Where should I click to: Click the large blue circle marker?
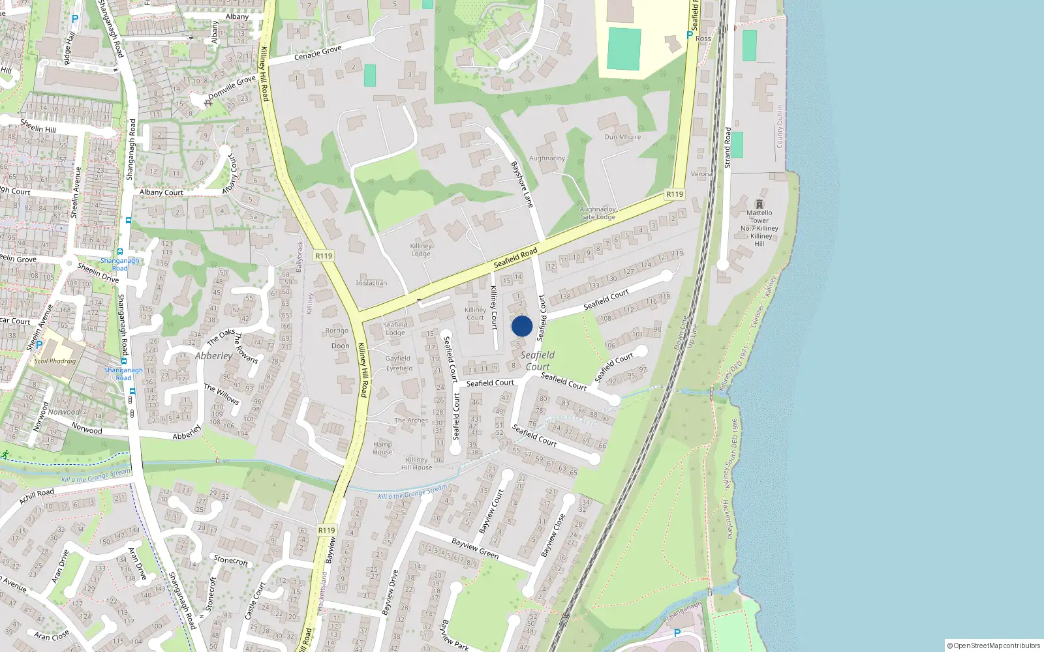click(x=522, y=326)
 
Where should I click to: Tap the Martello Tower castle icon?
click(x=759, y=204)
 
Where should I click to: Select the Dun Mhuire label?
click(x=622, y=137)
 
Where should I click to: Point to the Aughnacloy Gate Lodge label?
click(x=598, y=213)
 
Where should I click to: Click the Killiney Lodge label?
click(x=421, y=250)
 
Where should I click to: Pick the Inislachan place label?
click(x=371, y=283)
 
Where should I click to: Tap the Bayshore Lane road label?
click(x=522, y=185)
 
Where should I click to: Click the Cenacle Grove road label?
click(x=318, y=53)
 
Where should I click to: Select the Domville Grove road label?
click(x=232, y=87)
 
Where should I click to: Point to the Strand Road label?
click(x=728, y=147)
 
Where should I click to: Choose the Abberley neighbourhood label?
click(x=213, y=356)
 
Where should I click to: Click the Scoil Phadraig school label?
click(x=55, y=361)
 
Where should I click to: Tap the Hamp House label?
click(x=382, y=448)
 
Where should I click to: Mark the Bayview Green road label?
click(x=475, y=548)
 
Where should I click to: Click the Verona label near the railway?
click(x=701, y=174)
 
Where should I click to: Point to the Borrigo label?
click(x=337, y=331)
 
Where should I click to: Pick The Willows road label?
click(x=221, y=394)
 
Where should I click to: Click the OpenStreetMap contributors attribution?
click(x=994, y=645)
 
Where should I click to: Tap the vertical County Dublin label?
click(x=779, y=126)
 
